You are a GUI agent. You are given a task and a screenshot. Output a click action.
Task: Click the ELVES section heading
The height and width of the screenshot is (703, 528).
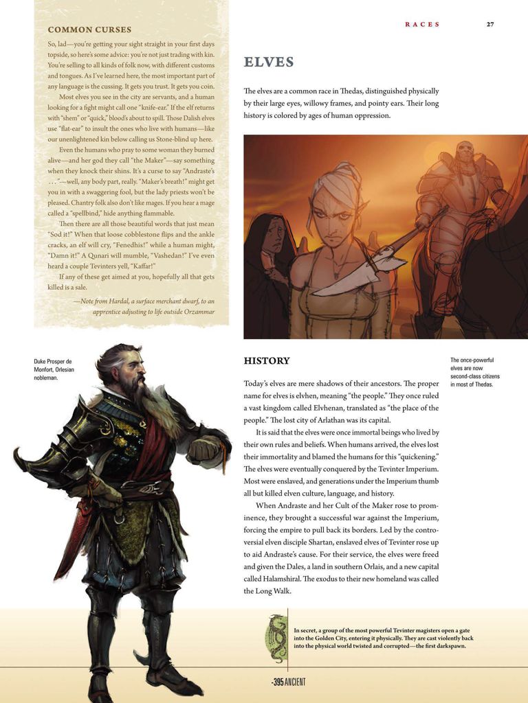pos(269,62)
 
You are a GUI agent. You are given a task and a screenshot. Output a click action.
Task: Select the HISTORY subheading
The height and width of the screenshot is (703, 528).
pos(267,360)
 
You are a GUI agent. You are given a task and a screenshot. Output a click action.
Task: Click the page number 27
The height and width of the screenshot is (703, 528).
pos(490,24)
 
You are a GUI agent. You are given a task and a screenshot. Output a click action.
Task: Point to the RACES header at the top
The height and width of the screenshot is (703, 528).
pos(422,24)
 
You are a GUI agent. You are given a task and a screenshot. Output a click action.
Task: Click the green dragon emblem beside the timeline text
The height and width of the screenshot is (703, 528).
pos(276,638)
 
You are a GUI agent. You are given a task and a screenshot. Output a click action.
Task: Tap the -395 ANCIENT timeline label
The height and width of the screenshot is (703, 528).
pos(288,682)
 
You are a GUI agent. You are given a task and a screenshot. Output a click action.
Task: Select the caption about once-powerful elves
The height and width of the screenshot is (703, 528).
pos(475,372)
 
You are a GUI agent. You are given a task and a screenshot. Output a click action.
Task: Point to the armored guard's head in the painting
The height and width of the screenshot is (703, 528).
pos(465,152)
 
